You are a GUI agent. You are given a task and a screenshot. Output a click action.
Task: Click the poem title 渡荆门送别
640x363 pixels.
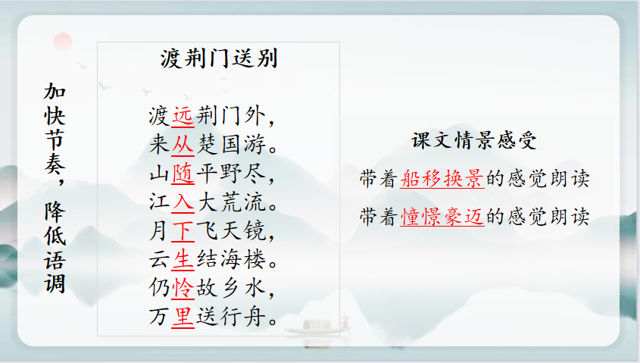[x=219, y=59]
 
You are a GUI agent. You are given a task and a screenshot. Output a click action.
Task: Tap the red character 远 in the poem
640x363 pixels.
[x=183, y=116]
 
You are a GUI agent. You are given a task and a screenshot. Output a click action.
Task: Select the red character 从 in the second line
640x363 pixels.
[x=183, y=145]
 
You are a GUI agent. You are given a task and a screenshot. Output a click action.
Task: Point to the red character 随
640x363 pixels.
[x=183, y=174]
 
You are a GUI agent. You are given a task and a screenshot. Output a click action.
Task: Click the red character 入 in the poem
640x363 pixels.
[x=183, y=202]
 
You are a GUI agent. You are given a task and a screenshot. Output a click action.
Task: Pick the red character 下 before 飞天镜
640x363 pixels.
[x=183, y=231]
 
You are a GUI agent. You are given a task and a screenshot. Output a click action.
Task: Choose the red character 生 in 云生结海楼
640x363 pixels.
[x=183, y=260]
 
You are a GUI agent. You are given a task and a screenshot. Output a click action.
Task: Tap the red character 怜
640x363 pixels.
[x=183, y=288]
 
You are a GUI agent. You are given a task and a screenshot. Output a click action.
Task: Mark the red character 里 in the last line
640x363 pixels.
[x=183, y=317]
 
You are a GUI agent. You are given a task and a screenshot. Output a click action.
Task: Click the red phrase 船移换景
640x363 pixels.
[x=442, y=179]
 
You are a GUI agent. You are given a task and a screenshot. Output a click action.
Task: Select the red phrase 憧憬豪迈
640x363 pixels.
[x=442, y=217]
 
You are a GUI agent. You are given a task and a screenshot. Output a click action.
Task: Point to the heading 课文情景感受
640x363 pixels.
[x=473, y=140]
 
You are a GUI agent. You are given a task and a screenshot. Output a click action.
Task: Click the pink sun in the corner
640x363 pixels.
[x=63, y=42]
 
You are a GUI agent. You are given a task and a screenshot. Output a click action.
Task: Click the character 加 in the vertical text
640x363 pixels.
[x=55, y=92]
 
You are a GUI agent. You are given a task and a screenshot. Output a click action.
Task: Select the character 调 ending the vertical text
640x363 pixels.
[x=55, y=283]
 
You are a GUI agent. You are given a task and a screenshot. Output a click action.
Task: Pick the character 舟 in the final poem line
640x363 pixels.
[x=255, y=317]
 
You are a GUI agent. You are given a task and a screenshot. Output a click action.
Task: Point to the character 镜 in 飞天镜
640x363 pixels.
[x=255, y=231]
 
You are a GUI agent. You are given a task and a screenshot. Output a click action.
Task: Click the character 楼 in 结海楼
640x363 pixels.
[x=255, y=260]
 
